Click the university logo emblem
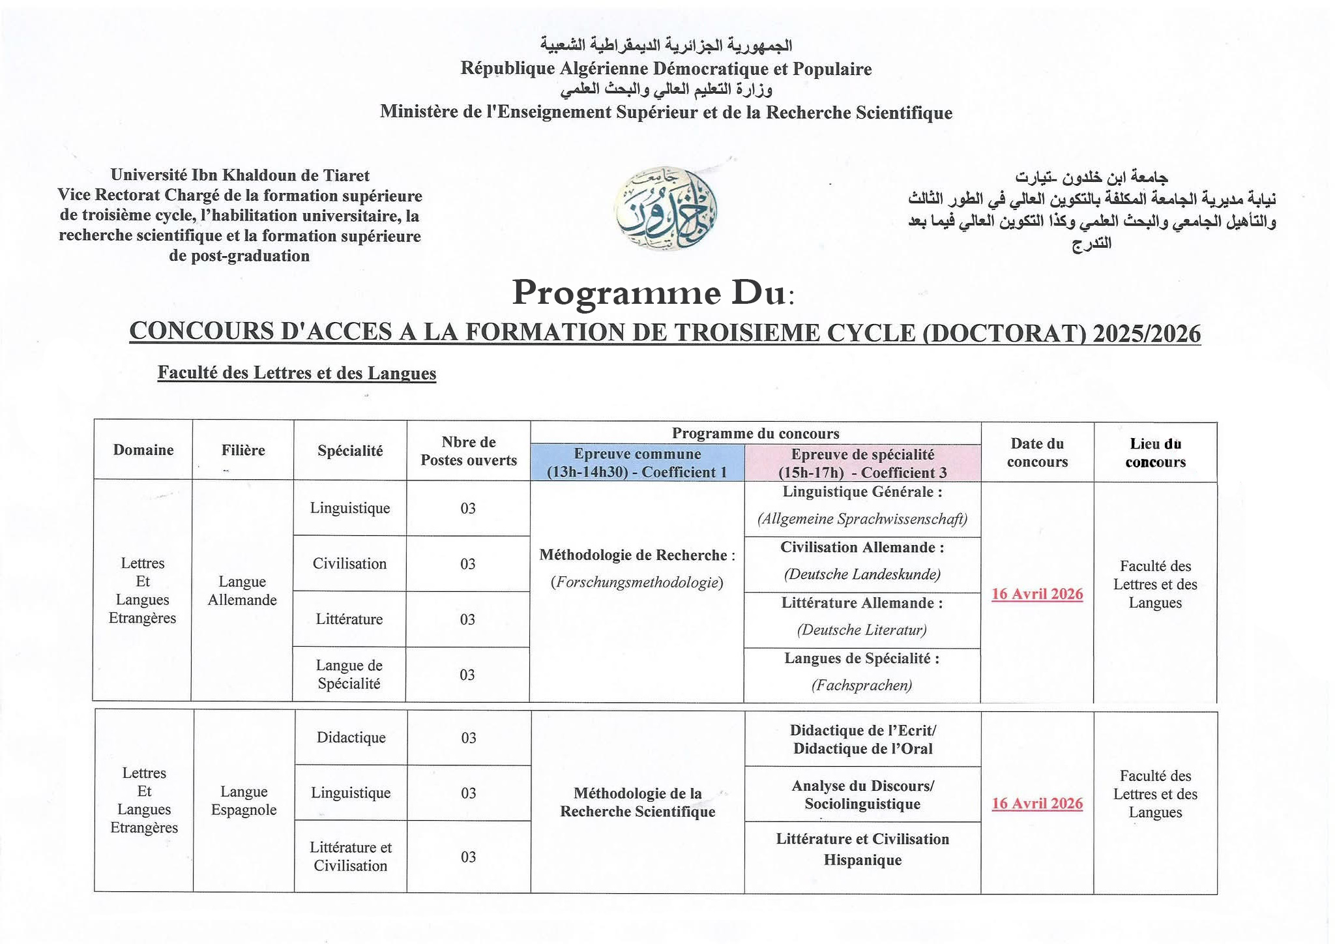(666, 210)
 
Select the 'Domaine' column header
(143, 450)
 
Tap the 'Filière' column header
(243, 450)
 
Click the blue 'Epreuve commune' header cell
(637, 463)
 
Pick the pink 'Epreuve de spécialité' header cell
(862, 463)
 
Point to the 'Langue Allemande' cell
(242, 591)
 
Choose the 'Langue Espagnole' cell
(244, 801)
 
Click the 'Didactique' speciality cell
(351, 737)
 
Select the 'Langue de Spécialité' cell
(349, 674)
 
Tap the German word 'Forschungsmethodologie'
(637, 582)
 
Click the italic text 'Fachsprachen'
(862, 685)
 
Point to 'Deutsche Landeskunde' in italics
(862, 574)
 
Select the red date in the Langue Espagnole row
(1037, 803)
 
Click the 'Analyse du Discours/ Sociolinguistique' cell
(862, 795)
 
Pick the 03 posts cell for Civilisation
(468, 564)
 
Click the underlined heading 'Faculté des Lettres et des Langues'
(297, 373)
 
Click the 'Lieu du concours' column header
(1155, 452)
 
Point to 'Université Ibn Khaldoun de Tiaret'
(240, 175)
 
